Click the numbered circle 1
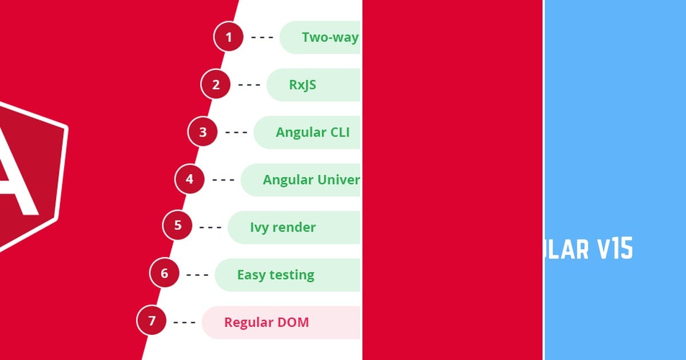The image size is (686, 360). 229,37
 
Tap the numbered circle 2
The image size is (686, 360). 216,85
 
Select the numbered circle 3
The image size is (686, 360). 202,132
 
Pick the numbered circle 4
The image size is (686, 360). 189,179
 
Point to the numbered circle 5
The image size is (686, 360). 177,225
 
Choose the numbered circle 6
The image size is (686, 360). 164,273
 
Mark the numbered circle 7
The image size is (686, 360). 151,321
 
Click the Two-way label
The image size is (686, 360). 330,38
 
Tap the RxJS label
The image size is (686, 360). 302,85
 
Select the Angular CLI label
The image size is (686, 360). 312,133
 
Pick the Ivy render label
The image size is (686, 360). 282,227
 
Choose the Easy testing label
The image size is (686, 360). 276,275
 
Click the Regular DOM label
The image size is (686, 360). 266,322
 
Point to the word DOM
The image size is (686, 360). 293,322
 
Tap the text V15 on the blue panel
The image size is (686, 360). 615,250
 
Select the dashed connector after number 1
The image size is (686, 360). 262,38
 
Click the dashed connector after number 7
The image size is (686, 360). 184,322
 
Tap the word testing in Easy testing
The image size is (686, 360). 292,275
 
